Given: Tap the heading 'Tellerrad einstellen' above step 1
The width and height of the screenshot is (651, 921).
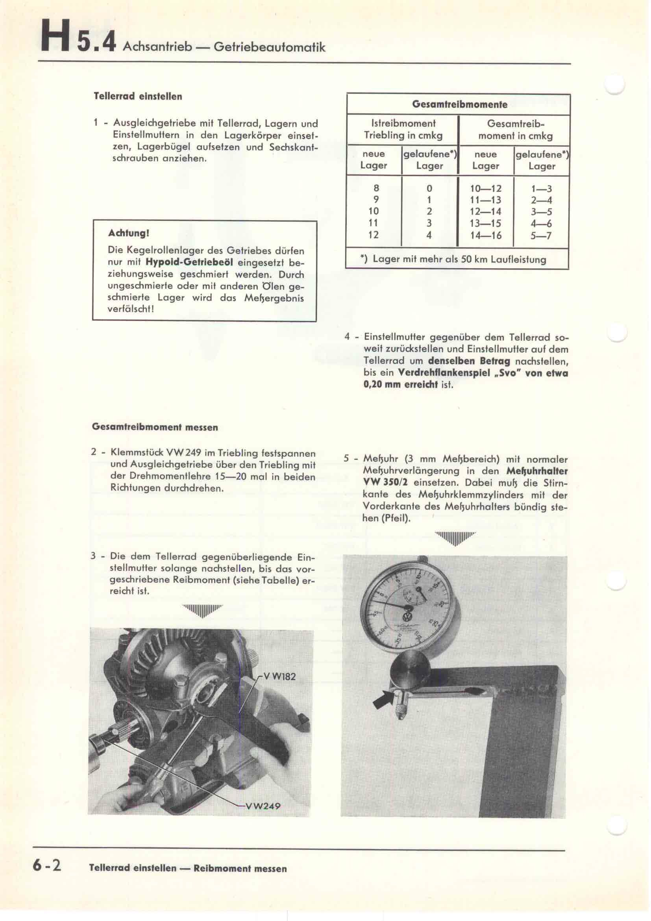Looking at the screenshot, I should [x=138, y=97].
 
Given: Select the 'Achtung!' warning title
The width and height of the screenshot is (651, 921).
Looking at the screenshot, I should [x=129, y=233].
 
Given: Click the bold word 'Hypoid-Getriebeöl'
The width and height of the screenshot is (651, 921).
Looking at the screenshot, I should [x=190, y=263].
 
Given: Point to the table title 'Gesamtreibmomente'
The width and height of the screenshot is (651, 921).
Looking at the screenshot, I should [x=459, y=105].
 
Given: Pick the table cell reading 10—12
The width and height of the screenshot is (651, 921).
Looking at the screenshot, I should [x=486, y=189].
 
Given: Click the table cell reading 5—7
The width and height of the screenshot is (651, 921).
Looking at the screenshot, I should [x=541, y=235].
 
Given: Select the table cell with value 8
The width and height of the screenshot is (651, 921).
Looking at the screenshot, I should [x=376, y=188].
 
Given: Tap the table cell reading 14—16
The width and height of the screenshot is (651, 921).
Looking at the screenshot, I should [x=486, y=235].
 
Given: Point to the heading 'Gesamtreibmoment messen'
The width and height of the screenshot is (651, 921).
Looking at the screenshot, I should [x=155, y=427].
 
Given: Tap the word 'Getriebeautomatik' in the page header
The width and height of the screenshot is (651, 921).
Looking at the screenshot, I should [x=269, y=47].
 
